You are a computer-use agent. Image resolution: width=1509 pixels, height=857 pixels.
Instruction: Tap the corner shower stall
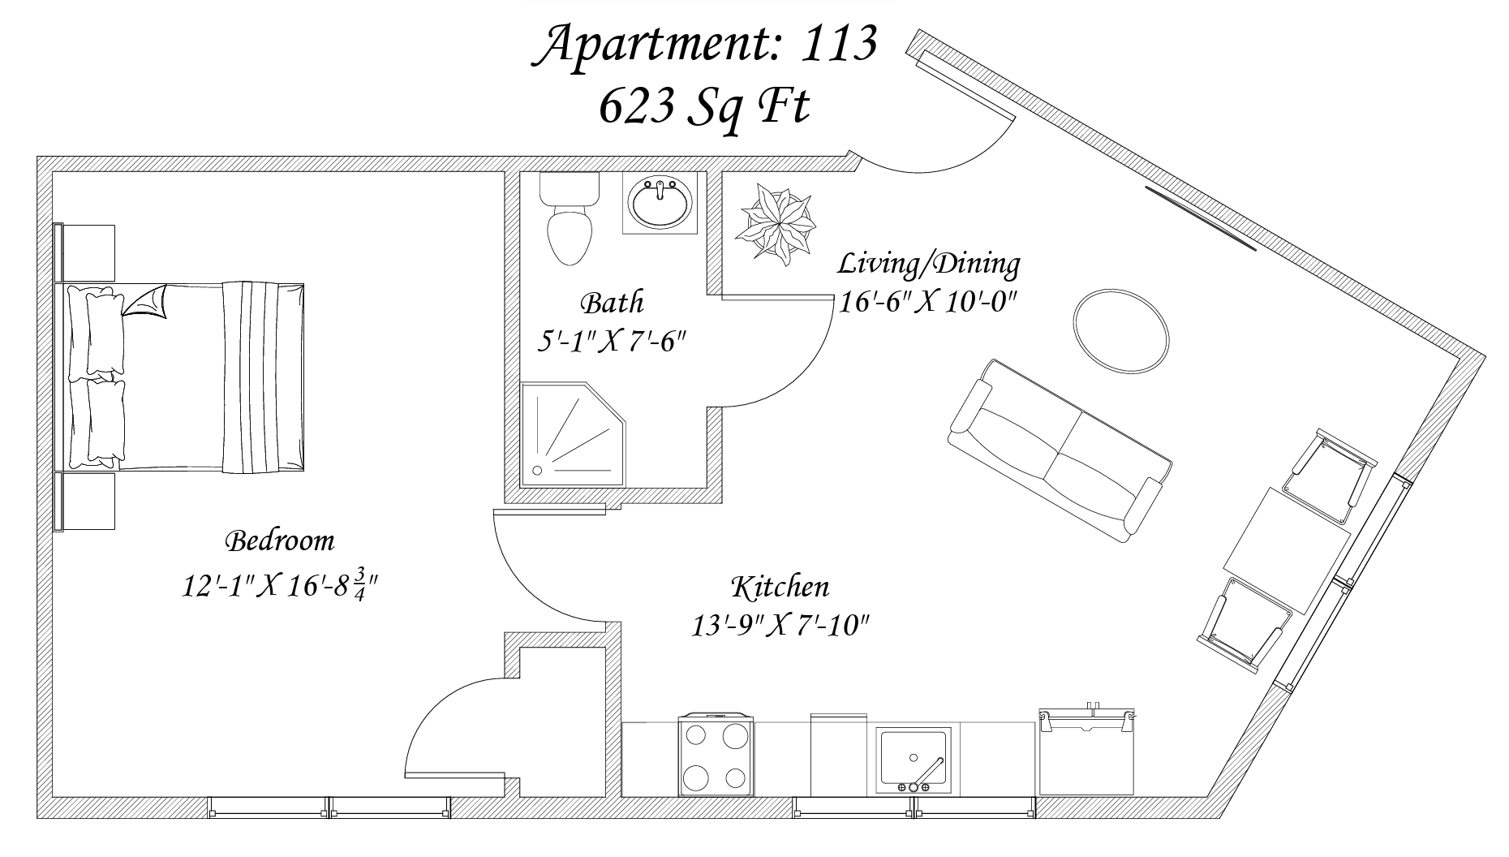coord(573,435)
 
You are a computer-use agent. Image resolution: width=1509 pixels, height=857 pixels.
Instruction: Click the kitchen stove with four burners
coord(716,756)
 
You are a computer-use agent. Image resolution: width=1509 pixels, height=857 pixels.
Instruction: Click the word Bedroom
coord(279,540)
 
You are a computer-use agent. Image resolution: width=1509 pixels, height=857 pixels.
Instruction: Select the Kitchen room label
coord(780,587)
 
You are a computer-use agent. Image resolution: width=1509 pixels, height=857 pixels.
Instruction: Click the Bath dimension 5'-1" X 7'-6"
coord(613,341)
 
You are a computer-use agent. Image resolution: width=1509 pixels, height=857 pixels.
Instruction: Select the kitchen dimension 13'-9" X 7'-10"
coord(780,626)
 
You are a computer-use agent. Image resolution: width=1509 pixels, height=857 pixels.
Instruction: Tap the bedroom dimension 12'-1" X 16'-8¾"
coord(281,584)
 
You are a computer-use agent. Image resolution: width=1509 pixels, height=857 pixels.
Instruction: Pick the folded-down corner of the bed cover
coord(146,302)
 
